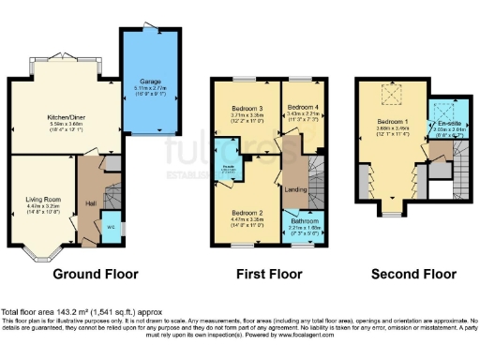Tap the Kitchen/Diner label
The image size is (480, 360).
pyautogui.click(x=67, y=118)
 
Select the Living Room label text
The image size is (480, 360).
pyautogui.click(x=43, y=199)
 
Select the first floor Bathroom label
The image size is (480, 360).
pyautogui.click(x=303, y=220)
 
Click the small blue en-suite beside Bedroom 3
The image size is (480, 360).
pyautogui.click(x=227, y=169)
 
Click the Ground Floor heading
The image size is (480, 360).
pyautogui.click(x=95, y=275)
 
